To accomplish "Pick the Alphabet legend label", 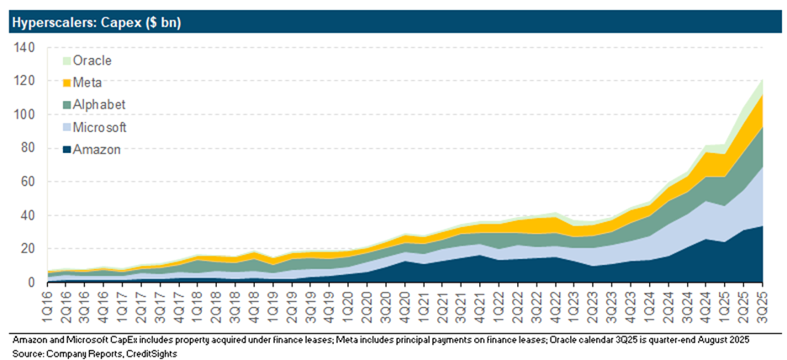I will (x=98, y=105).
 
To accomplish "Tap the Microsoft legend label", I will (x=101, y=127).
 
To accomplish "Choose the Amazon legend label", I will (x=97, y=150).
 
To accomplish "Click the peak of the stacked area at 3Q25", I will (x=761, y=81).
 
